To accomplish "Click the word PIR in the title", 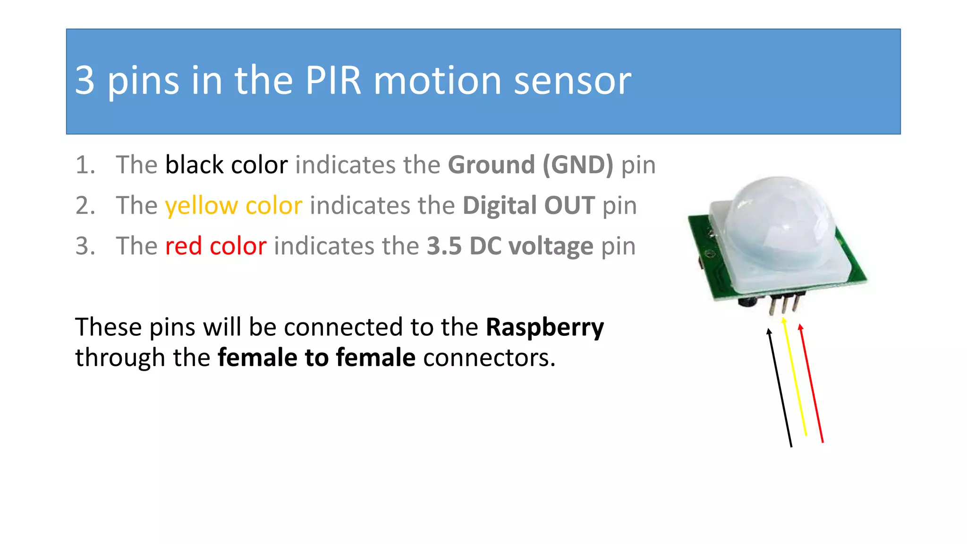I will (333, 80).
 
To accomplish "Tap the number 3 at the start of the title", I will (85, 80).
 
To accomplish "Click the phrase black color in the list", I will (226, 165).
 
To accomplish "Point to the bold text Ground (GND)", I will (530, 165).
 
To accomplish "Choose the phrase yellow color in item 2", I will (233, 205).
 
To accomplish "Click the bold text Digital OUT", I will (528, 205).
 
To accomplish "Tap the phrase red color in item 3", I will (216, 246).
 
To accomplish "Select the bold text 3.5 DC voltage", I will (510, 246).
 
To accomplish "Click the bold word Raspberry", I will (545, 327).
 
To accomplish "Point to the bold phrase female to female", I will (316, 357).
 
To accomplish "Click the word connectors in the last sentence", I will (489, 357).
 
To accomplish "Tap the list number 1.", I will (85, 165).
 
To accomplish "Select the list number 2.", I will (85, 205).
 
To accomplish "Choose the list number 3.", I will (85, 246).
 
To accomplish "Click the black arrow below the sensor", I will (780, 387).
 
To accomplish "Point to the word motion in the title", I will (437, 80).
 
